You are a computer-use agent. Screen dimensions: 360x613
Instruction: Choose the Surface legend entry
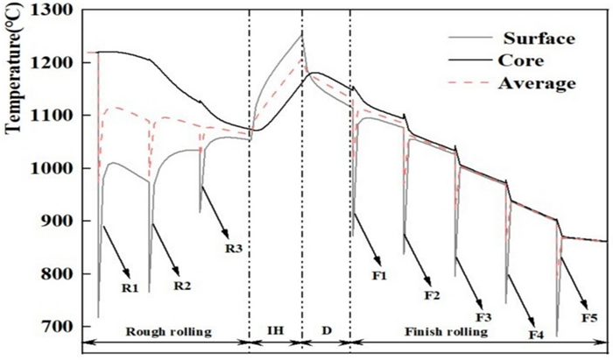[539, 39]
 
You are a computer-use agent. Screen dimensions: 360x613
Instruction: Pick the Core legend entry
[525, 61]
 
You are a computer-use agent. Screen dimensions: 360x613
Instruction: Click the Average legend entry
[537, 83]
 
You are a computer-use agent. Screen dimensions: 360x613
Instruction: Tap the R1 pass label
[130, 286]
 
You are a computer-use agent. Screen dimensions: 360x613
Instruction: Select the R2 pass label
[183, 285]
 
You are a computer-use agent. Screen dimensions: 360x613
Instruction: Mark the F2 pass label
[432, 294]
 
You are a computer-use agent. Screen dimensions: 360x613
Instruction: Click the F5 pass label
[590, 314]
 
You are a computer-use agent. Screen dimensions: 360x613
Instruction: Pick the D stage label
[326, 332]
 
